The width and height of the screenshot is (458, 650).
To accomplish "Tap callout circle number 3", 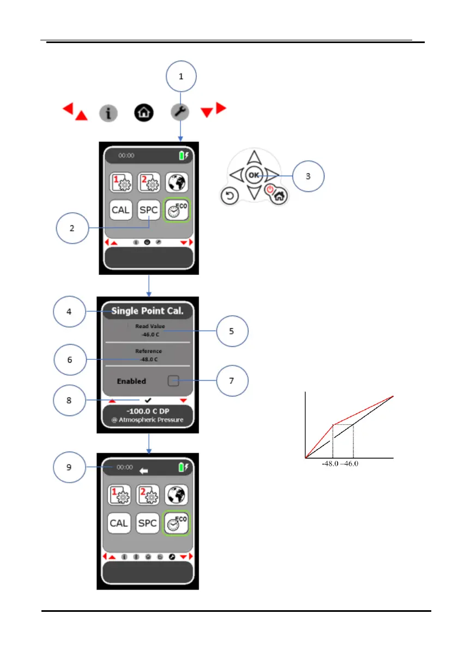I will tap(308, 177).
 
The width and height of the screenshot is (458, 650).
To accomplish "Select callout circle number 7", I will tap(232, 380).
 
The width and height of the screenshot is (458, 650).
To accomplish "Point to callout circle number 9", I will tap(69, 467).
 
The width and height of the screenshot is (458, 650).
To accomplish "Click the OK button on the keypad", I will tap(252, 175).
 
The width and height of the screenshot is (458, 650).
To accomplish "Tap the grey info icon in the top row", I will tap(109, 113).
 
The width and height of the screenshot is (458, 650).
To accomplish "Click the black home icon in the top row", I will tap(144, 113).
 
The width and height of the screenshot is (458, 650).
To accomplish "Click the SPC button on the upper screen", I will tap(148, 209).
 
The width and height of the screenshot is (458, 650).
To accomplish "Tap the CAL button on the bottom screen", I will tap(119, 523).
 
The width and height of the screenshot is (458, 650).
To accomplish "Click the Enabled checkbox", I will tap(173, 381).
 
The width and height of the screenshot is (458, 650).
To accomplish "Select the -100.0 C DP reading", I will tap(148, 411).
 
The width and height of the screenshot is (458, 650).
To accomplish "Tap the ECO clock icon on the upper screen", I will tap(177, 209).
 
